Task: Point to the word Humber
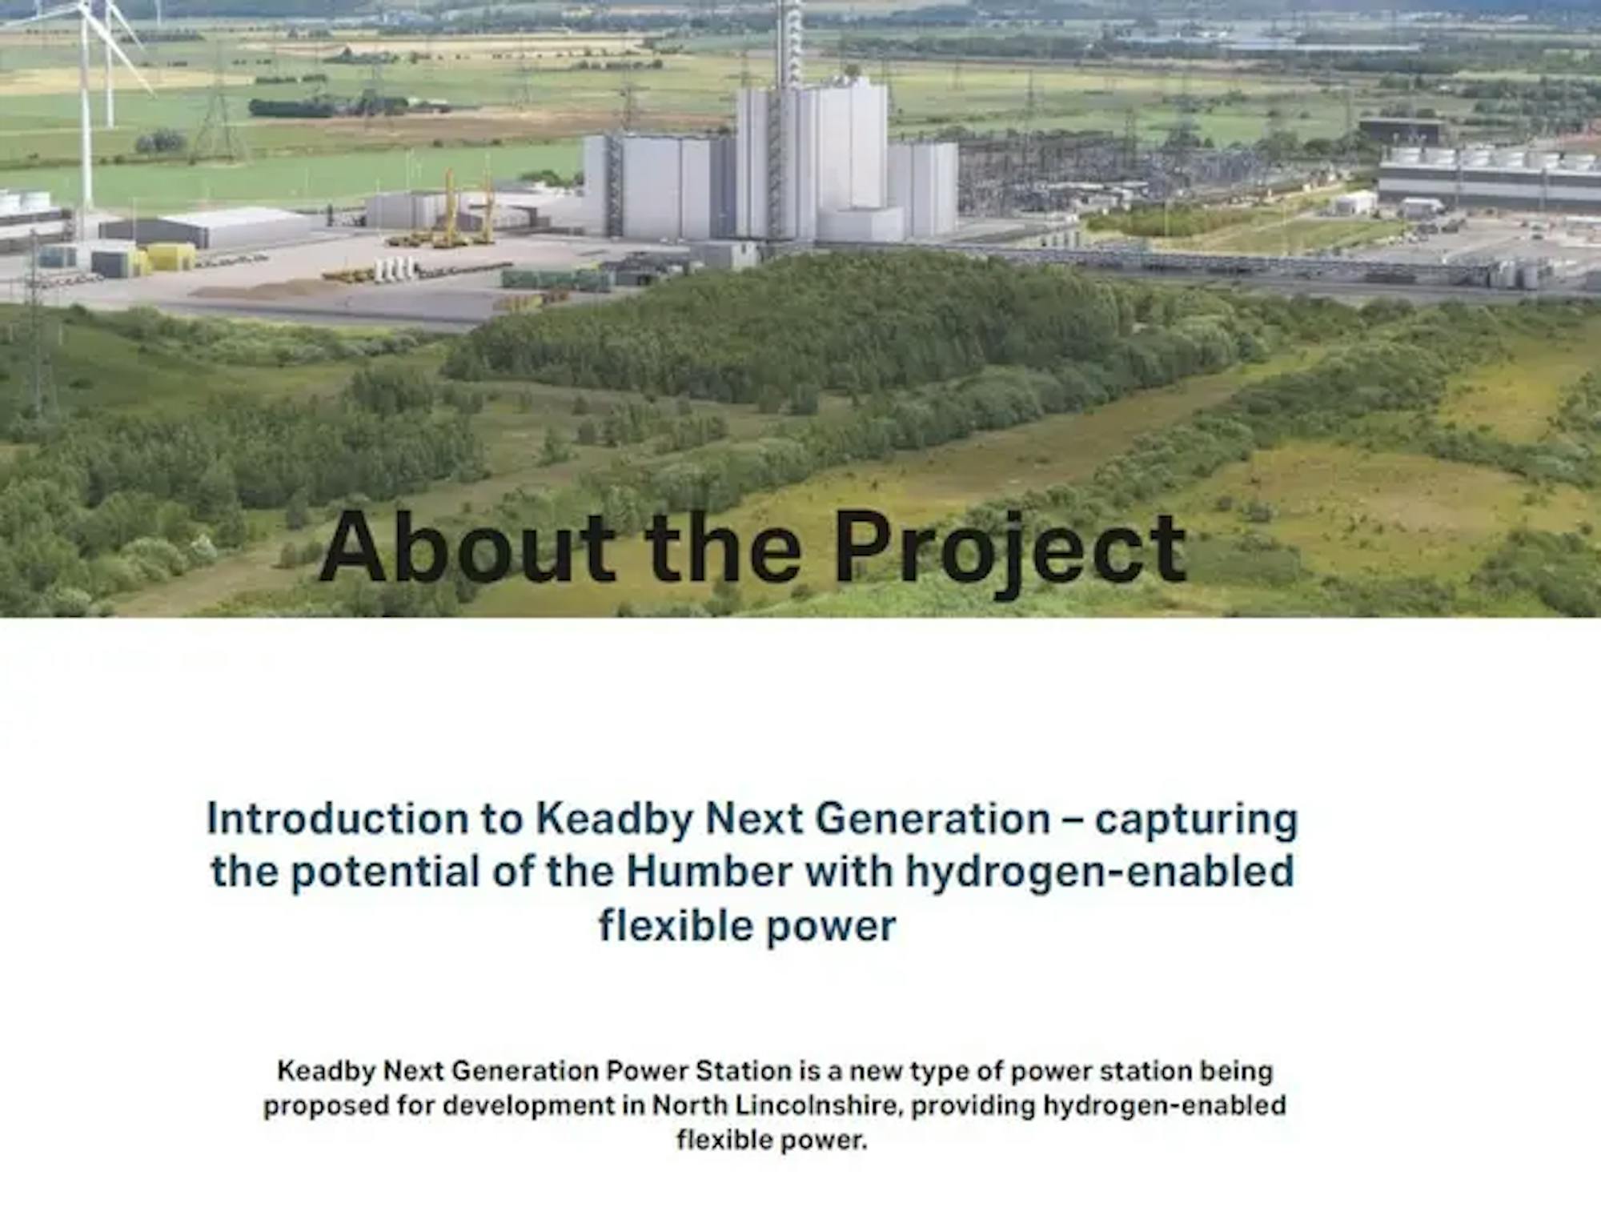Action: [x=709, y=871]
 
